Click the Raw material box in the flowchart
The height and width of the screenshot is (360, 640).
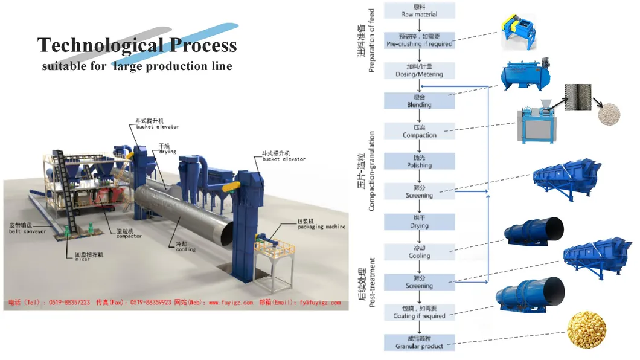(x=419, y=10)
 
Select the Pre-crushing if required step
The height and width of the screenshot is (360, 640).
(x=419, y=40)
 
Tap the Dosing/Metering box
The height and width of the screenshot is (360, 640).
(x=419, y=71)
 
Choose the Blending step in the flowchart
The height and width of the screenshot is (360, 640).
(x=419, y=101)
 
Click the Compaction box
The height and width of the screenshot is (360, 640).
(x=419, y=131)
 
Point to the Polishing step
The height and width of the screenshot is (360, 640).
(x=419, y=161)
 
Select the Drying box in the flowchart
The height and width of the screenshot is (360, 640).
(x=419, y=222)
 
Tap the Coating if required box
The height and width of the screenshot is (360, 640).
(x=419, y=312)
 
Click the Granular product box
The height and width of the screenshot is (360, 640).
(x=419, y=342)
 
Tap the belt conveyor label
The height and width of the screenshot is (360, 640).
(x=27, y=228)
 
